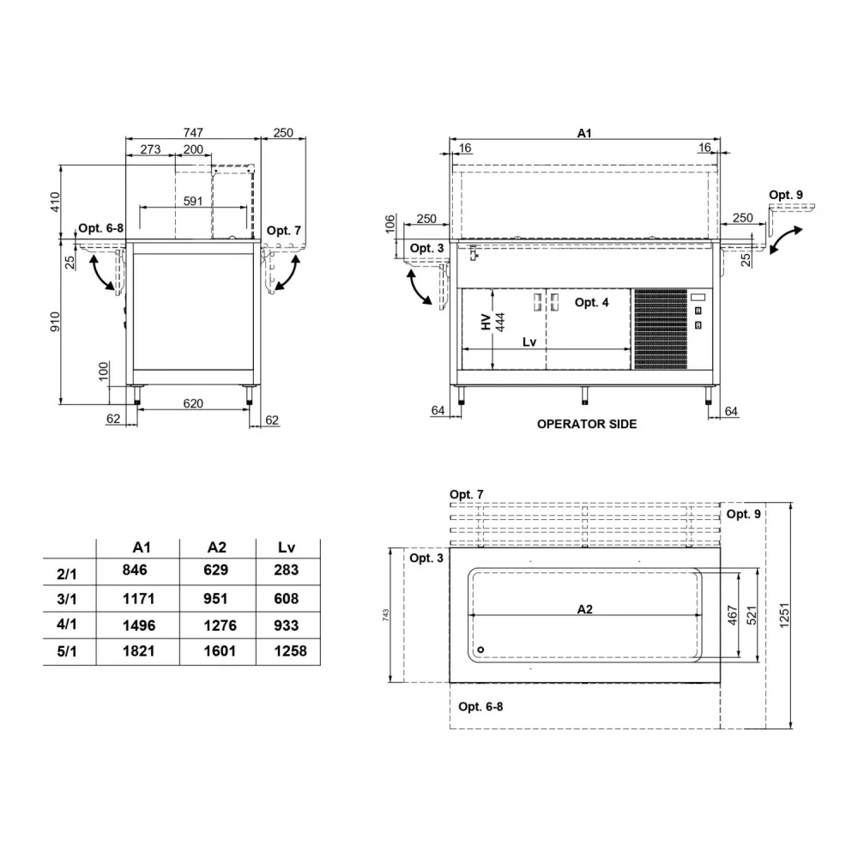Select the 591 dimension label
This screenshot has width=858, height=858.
click(193, 202)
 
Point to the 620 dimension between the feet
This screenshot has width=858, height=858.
click(193, 402)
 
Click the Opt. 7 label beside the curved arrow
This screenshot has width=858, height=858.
click(283, 231)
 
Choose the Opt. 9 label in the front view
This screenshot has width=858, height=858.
click(786, 195)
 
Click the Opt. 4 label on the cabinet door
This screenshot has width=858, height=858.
click(591, 302)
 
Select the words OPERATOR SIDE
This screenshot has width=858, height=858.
click(587, 424)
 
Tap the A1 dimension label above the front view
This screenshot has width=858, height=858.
click(584, 133)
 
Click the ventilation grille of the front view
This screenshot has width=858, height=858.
click(661, 329)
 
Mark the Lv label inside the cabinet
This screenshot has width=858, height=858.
click(529, 341)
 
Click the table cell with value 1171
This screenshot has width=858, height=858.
click(140, 599)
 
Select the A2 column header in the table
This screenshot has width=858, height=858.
click(217, 547)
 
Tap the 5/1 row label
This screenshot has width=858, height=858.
click(66, 653)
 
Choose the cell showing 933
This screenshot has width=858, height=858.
click(286, 625)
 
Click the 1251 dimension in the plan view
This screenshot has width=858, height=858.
click(785, 614)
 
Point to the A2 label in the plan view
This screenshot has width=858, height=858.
click(584, 609)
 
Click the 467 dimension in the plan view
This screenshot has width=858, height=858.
click(732, 614)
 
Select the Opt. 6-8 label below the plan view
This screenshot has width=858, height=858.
click(480, 706)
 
